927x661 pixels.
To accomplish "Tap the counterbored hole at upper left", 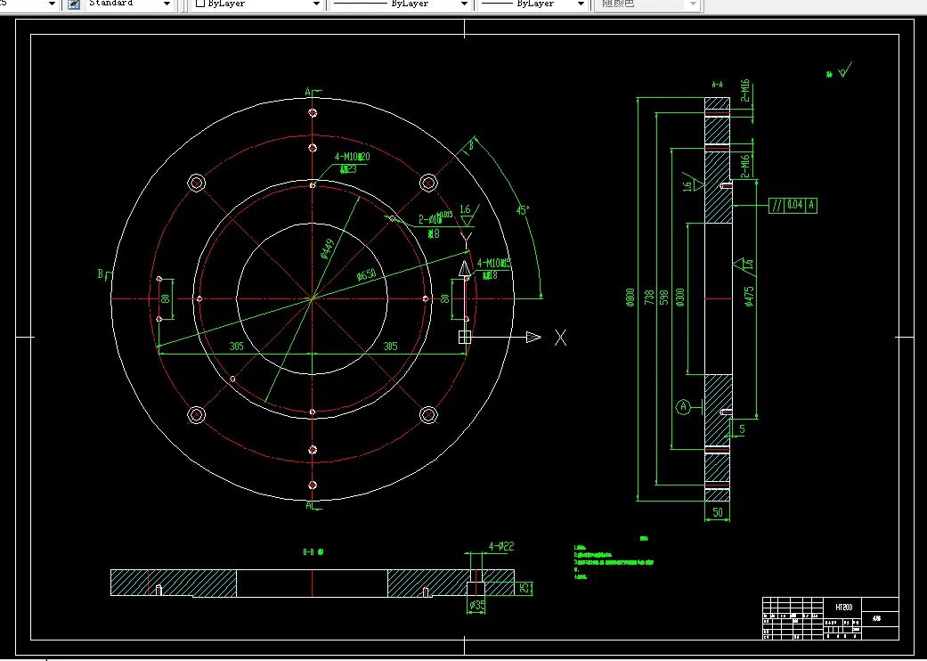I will (197, 183).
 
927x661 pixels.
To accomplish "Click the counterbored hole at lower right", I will (427, 415).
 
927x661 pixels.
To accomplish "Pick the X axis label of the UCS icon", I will (560, 338).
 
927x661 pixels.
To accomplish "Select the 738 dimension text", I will (649, 298).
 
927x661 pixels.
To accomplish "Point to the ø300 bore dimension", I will (680, 298).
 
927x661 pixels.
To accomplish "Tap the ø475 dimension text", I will (750, 298).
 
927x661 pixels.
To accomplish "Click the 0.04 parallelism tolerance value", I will (794, 205).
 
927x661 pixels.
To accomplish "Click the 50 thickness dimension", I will (718, 512).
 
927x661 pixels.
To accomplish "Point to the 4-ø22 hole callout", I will (502, 546).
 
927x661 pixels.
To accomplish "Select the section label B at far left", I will (101, 273).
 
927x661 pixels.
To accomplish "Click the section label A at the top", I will (308, 91).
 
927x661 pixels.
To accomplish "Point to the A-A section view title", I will (717, 85).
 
